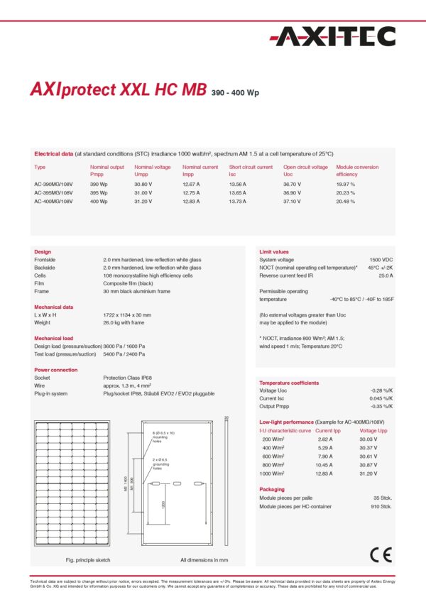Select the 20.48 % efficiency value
click(346, 201)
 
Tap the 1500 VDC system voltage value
click(381, 260)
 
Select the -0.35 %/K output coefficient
click(381, 406)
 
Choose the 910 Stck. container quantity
click(381, 506)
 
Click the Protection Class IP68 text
click(131, 377)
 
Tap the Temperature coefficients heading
click(289, 383)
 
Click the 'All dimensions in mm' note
click(204, 559)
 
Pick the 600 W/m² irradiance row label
click(273, 456)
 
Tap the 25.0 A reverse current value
click(385, 275)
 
